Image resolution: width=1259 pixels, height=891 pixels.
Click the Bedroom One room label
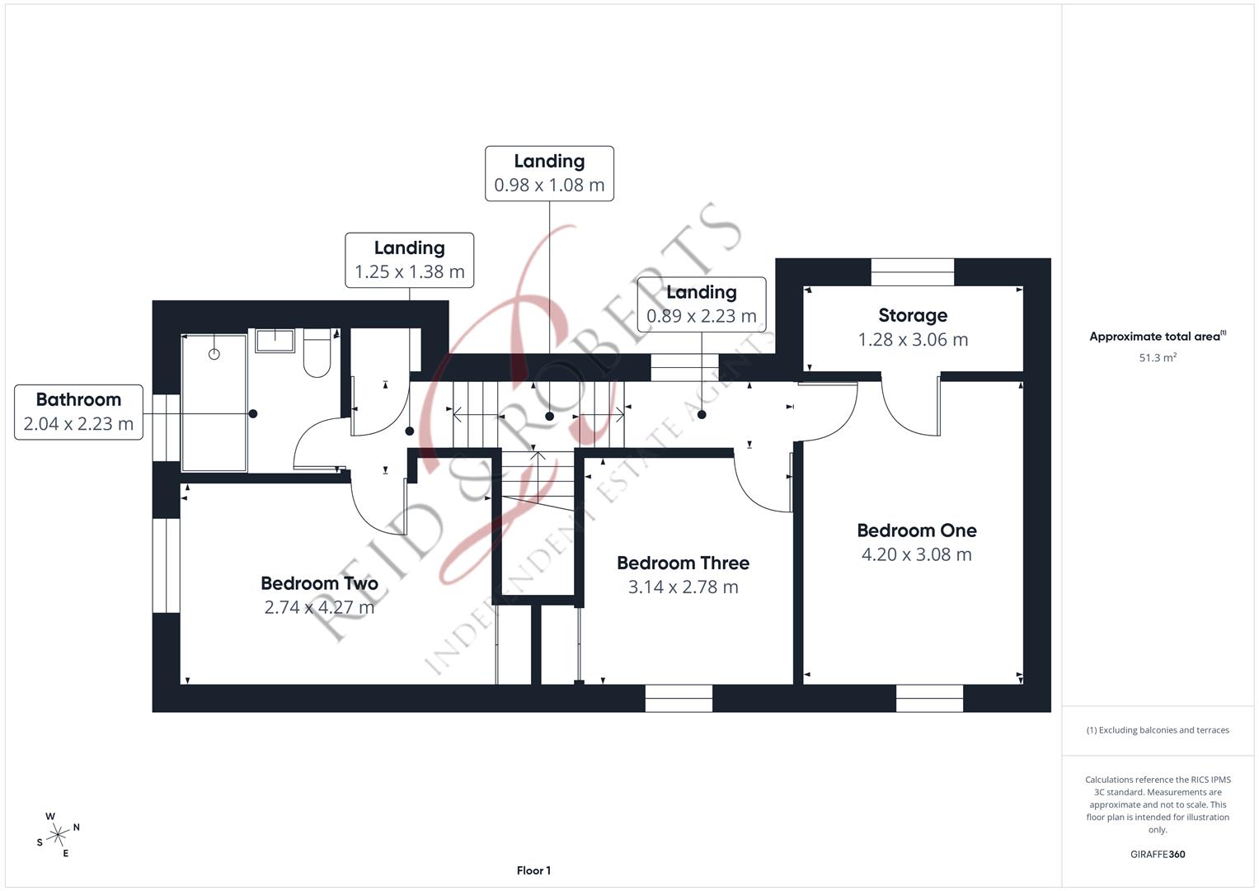coord(916,530)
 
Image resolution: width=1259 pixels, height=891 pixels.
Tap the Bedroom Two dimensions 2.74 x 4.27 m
coord(319,607)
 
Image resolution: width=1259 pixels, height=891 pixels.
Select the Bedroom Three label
coord(683,563)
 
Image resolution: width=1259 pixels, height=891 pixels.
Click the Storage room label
coord(913,315)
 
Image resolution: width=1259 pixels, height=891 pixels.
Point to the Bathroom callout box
coord(78,412)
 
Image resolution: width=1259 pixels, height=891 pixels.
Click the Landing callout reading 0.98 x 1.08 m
coord(549,173)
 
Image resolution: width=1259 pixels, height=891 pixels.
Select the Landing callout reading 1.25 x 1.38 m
coord(409,260)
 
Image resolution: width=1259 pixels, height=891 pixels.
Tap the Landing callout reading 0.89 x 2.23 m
coord(701,304)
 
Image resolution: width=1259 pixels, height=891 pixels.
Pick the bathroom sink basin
coord(275,340)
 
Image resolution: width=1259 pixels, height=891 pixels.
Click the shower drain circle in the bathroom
coord(214,354)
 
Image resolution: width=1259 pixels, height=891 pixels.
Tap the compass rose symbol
coord(58,835)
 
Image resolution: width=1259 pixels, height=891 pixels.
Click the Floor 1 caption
coord(533,870)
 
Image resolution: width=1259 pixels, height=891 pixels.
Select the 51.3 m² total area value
coord(1157,358)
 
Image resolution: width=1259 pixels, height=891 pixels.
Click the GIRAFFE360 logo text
coord(1157,855)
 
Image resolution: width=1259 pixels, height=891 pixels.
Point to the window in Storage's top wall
coord(912,272)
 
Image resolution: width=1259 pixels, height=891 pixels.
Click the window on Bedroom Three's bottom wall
coord(679,698)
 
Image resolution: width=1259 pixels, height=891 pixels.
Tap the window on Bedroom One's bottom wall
coord(929,698)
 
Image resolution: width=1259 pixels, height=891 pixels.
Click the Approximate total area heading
coord(1157,337)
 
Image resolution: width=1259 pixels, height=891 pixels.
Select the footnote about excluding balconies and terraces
coord(1157,730)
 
